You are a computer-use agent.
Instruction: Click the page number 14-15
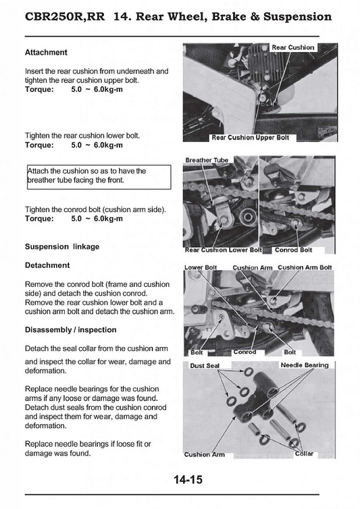click(x=188, y=479)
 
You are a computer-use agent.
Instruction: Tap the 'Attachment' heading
click(x=46, y=52)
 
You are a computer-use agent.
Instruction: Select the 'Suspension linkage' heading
click(x=62, y=246)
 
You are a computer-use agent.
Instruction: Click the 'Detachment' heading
click(x=47, y=265)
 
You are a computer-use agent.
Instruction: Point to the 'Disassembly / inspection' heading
click(x=70, y=330)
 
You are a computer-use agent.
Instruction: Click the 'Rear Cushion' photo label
click(x=292, y=47)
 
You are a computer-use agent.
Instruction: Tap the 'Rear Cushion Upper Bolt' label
click(x=250, y=138)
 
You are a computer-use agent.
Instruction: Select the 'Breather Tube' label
click(x=207, y=160)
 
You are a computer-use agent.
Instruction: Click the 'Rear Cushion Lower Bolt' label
click(x=223, y=250)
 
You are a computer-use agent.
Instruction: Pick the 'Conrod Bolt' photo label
click(x=293, y=250)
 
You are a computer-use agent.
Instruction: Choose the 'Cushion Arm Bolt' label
click(x=305, y=267)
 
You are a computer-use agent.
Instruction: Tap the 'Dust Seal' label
click(x=205, y=366)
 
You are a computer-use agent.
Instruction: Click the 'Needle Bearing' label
click(x=305, y=365)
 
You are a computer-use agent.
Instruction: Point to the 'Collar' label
click(x=304, y=454)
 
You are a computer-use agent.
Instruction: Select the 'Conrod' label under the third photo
click(x=245, y=352)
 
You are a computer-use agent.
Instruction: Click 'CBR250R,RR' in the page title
click(x=65, y=17)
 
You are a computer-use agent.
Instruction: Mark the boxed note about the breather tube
click(x=99, y=177)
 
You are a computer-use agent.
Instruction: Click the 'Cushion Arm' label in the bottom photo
click(x=204, y=455)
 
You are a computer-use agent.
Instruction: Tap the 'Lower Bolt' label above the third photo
click(x=201, y=268)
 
